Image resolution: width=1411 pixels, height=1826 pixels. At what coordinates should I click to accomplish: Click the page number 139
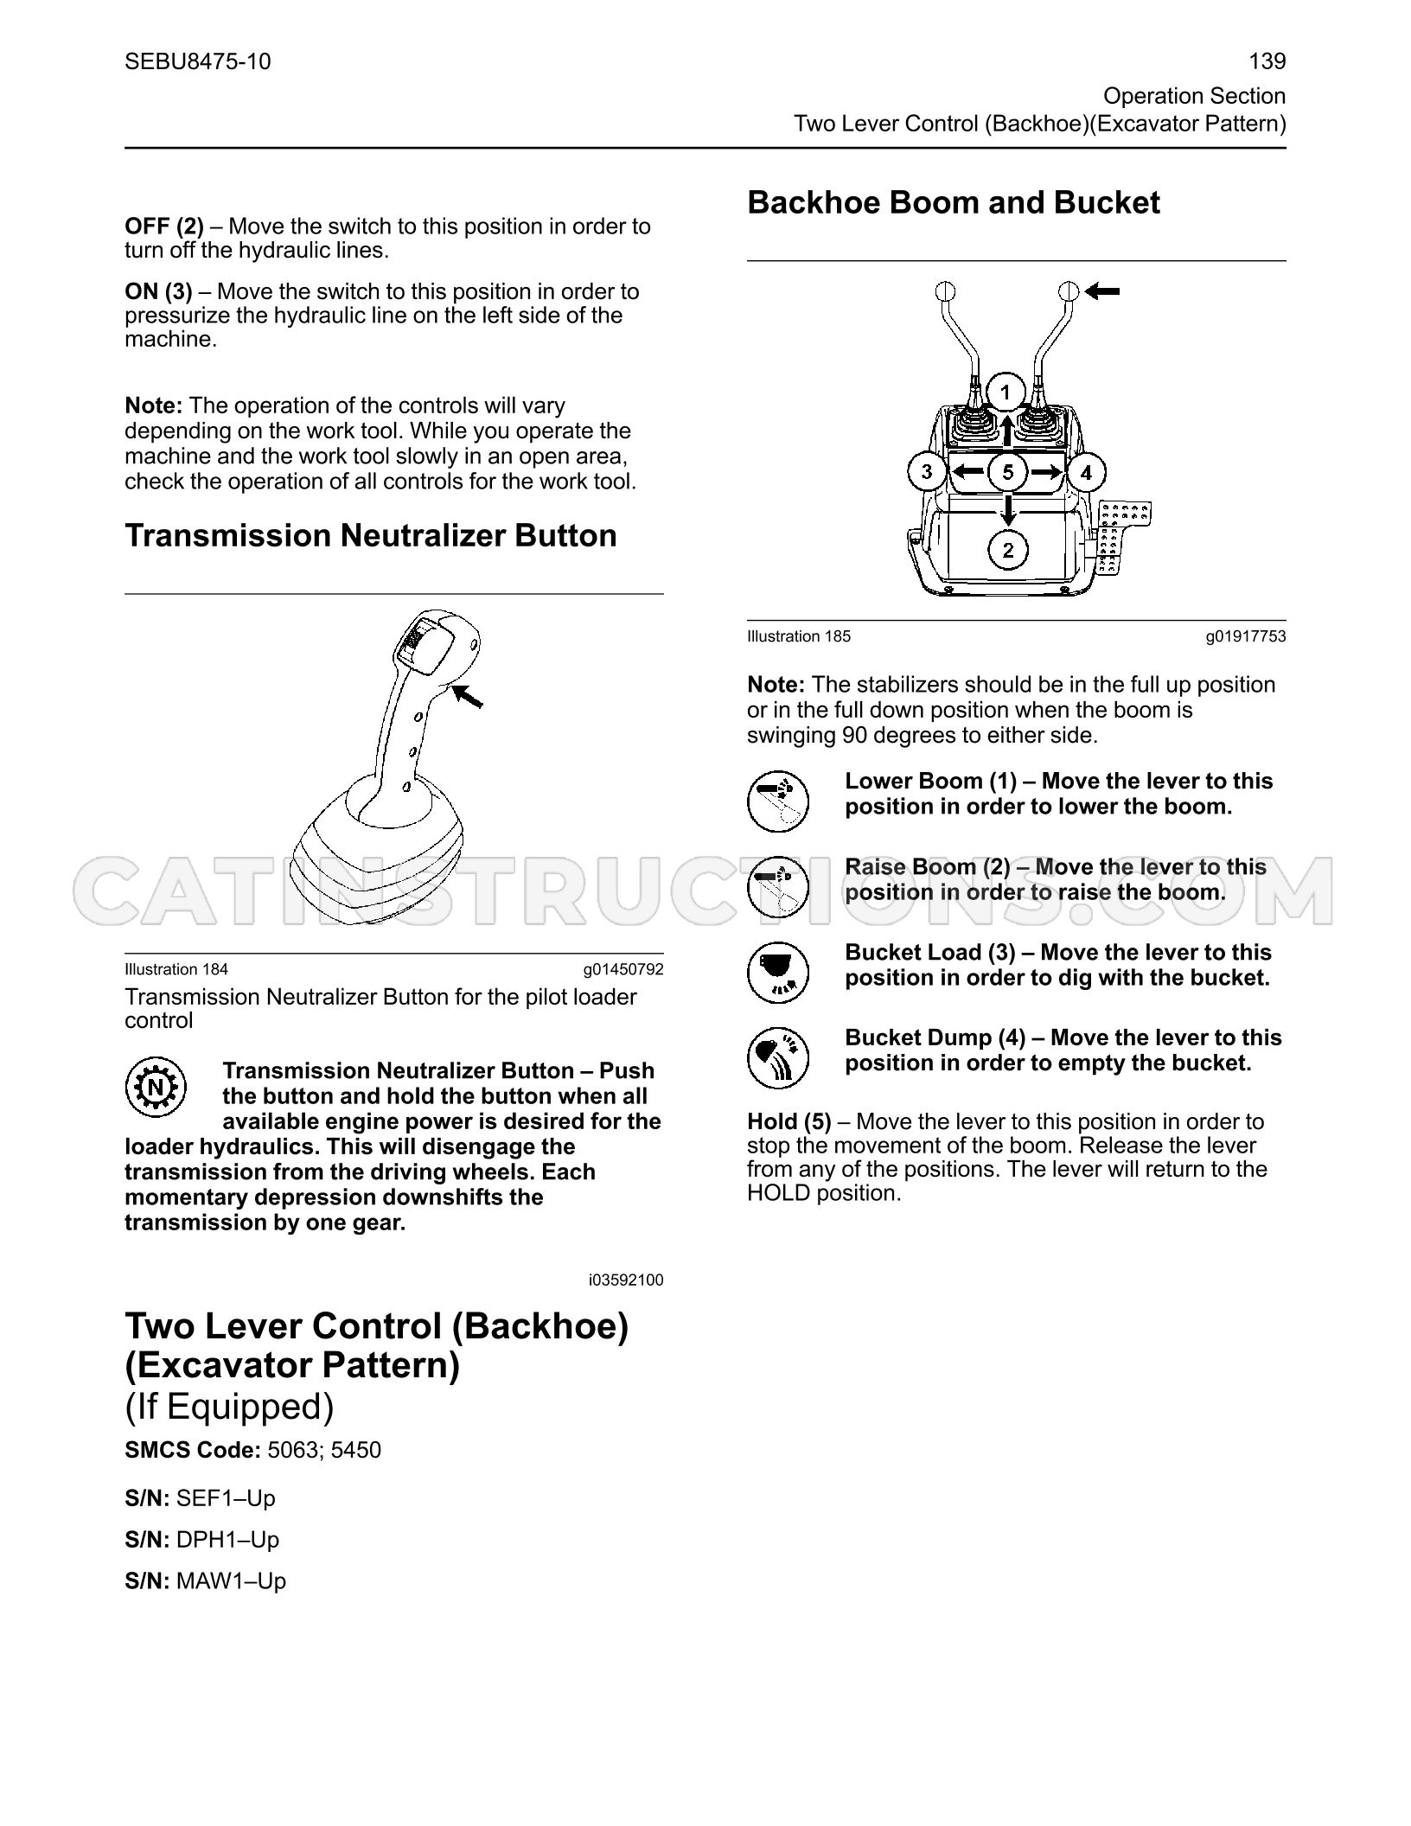1267,61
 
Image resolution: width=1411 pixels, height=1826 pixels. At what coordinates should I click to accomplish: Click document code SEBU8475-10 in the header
198,61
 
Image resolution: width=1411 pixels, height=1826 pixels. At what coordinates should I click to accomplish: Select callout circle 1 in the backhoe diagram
1006,393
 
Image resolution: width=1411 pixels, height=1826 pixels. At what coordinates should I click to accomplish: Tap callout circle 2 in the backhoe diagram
1008,549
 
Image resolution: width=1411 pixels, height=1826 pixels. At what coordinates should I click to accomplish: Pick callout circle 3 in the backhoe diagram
928,472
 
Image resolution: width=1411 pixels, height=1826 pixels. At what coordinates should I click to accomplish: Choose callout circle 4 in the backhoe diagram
1086,473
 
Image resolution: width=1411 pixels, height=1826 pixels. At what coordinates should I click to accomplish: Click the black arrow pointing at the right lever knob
1102,292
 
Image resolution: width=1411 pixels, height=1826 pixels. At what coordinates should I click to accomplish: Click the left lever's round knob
944,290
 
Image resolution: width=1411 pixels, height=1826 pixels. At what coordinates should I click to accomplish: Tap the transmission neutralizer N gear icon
156,1086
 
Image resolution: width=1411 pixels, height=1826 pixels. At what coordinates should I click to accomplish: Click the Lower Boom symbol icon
778,801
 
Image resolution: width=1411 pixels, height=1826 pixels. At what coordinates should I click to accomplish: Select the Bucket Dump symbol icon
778,1057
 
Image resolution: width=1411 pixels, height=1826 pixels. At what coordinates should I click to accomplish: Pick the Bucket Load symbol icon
778,972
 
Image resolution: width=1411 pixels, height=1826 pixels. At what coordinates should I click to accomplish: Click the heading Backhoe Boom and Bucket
954,203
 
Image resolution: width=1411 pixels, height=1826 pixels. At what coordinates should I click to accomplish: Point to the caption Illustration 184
176,969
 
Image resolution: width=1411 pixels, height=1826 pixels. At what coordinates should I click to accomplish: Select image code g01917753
1246,636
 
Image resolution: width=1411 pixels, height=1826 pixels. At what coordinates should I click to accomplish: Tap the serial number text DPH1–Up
227,1540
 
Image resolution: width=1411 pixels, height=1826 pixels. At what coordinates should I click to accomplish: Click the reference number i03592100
626,1280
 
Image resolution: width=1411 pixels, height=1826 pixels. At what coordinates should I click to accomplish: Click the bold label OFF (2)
164,227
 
